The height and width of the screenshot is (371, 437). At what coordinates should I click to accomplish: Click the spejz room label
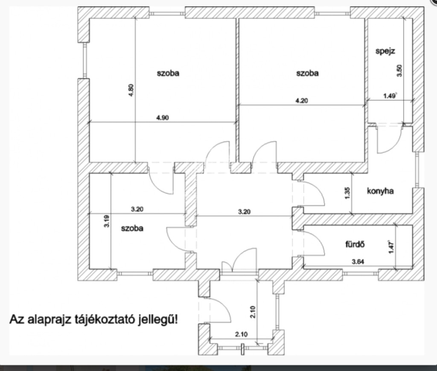coord(385,52)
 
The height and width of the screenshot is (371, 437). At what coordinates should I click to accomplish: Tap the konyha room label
coord(380,191)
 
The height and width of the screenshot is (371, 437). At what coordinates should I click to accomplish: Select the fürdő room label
coord(355,244)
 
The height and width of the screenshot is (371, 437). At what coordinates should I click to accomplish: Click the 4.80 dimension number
coord(131,91)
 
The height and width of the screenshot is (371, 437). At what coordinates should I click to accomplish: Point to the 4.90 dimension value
coord(162,118)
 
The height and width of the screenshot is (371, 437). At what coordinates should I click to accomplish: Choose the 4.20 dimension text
coord(302,100)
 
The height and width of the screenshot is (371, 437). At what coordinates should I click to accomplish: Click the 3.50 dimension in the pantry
coord(399,71)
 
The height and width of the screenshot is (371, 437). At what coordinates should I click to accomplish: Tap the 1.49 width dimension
coord(390,96)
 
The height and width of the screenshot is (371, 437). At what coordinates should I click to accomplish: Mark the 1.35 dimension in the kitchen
coord(347,193)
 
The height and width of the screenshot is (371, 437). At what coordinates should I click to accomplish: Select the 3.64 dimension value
coord(358,262)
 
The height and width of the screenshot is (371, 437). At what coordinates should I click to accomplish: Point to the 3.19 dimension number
coord(106,221)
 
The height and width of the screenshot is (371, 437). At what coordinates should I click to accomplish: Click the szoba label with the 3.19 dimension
coord(132,228)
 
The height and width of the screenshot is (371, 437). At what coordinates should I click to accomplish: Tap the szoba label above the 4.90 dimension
coord(168,73)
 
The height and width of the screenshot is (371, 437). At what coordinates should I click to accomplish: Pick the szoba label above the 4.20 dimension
coord(307,73)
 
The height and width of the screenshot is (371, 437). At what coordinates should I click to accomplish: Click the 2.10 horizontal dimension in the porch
coord(241,334)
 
